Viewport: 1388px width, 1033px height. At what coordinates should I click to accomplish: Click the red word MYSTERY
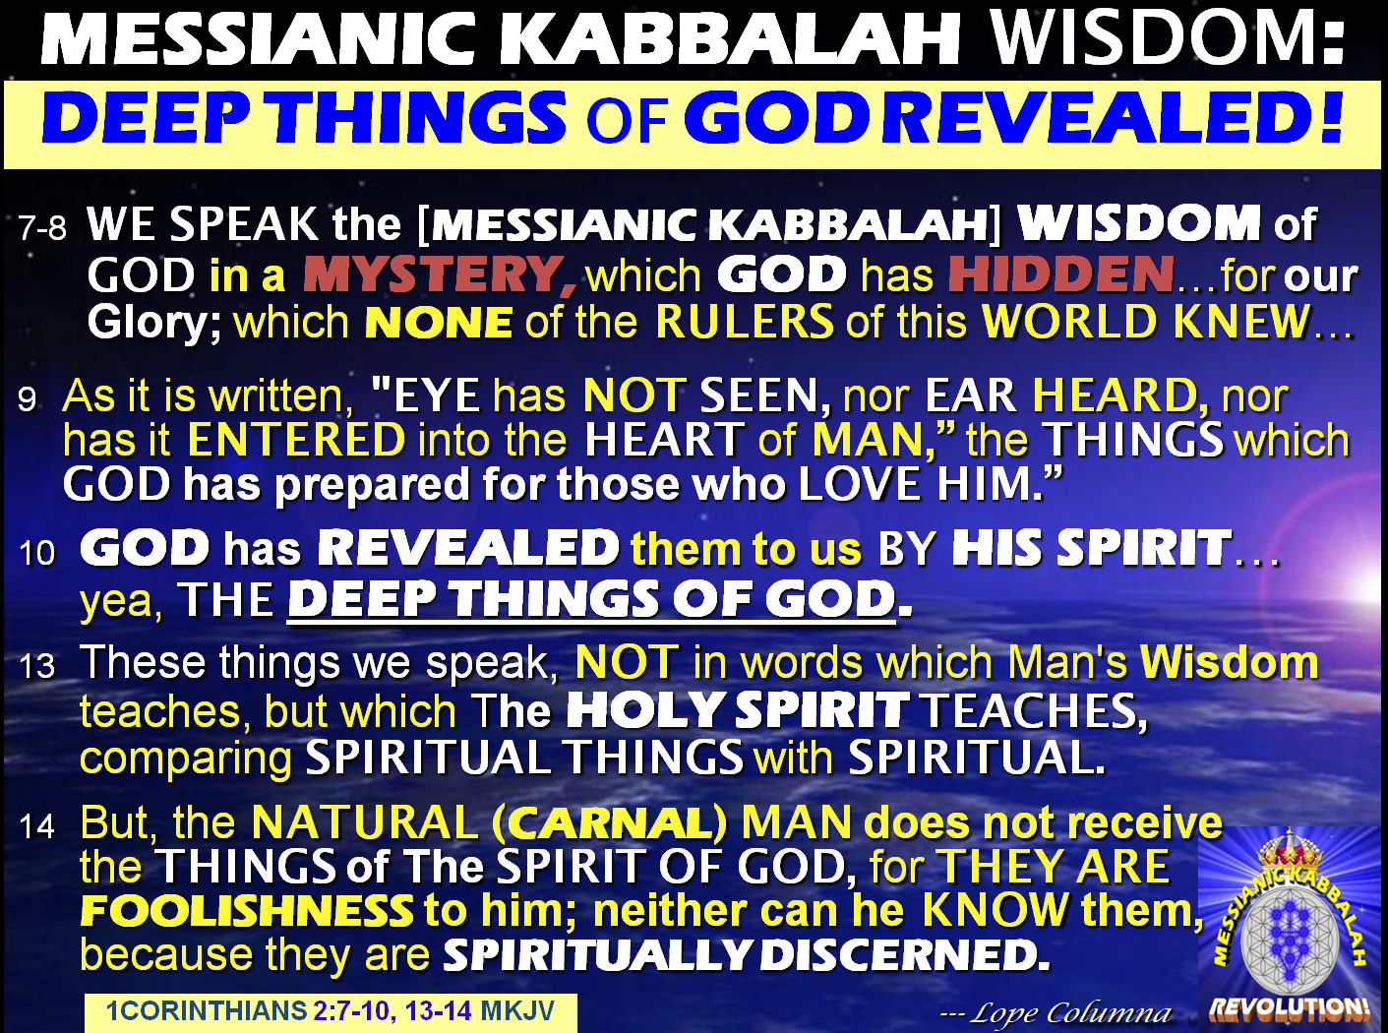click(x=439, y=274)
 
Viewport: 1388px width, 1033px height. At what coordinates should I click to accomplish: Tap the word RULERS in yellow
click(x=746, y=322)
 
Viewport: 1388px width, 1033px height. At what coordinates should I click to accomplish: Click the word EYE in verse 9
click(x=436, y=395)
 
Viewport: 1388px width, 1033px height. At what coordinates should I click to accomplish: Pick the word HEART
click(x=664, y=440)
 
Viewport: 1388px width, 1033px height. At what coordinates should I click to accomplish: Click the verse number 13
click(x=37, y=666)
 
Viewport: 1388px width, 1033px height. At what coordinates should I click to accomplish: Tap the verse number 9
click(x=28, y=399)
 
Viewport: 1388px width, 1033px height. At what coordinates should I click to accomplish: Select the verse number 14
click(x=37, y=825)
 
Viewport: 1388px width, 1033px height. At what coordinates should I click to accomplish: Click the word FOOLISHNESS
click(x=247, y=911)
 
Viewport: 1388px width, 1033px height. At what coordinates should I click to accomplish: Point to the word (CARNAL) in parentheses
click(x=610, y=822)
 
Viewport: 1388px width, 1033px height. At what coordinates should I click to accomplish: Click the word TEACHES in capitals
click(x=1034, y=710)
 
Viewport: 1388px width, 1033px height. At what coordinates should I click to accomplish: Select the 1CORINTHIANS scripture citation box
click(x=330, y=1011)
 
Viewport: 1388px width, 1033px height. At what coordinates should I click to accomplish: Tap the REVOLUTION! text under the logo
click(x=1289, y=1007)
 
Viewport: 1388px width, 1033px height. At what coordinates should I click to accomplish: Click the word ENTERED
click(x=295, y=440)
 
